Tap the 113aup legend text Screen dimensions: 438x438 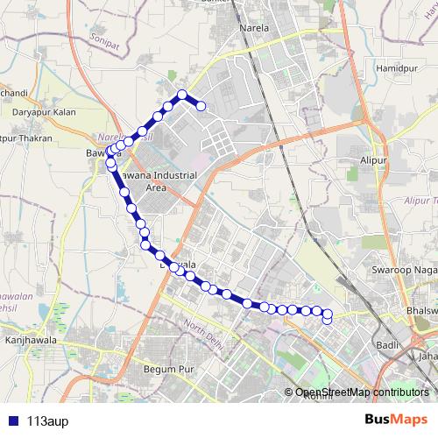pos(47,420)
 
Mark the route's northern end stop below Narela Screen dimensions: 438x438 pos(201,107)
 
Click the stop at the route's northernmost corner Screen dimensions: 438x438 pos(182,95)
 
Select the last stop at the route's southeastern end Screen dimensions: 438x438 pos(327,320)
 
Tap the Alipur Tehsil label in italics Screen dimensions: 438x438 pos(412,201)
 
